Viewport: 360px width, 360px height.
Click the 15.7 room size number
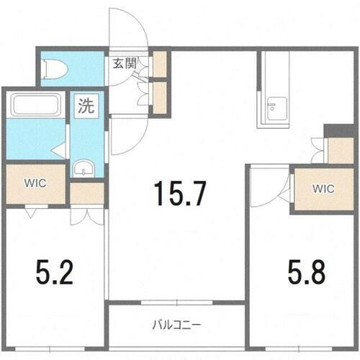click(x=180, y=192)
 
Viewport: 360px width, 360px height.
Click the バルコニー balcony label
click(x=176, y=323)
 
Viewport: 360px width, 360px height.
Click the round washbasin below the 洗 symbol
click(x=83, y=169)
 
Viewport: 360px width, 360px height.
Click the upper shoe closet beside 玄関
click(x=159, y=65)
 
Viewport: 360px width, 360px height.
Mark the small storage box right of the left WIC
click(x=87, y=194)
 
